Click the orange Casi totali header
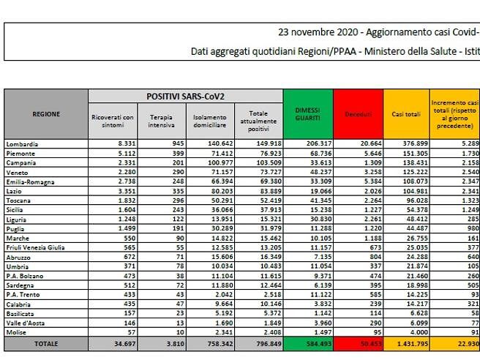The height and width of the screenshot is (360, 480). [x=409, y=115]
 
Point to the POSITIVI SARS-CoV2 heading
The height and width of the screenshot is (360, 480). [x=186, y=96]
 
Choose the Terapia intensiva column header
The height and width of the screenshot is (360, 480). [x=161, y=121]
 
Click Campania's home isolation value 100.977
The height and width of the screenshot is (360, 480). [x=211, y=160]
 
